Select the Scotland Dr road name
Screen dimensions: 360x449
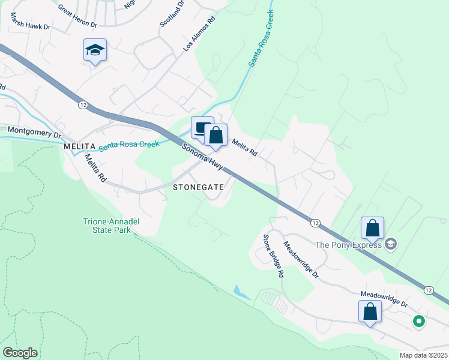click(x=170, y=16)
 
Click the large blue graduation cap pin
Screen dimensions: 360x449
click(x=95, y=50)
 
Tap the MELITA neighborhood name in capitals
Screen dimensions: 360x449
click(x=79, y=146)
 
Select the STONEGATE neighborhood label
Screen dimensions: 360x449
click(x=198, y=187)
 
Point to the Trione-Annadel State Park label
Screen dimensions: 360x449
click(x=111, y=226)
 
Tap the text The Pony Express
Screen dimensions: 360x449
click(x=349, y=244)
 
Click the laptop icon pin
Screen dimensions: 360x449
click(x=202, y=127)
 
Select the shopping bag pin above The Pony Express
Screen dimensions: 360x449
click(x=373, y=228)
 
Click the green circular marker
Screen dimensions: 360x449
click(x=419, y=322)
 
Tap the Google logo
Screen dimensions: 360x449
click(x=20, y=353)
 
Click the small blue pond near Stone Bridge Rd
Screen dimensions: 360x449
click(x=243, y=293)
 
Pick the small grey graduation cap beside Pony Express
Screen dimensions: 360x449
click(x=391, y=244)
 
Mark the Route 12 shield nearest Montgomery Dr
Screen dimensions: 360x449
click(x=83, y=104)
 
